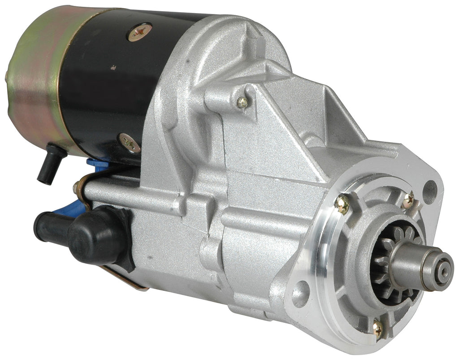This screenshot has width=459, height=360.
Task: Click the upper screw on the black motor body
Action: [139, 32]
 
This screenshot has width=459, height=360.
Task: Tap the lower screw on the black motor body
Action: [129, 143]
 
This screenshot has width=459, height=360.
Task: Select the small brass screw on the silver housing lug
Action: [242, 103]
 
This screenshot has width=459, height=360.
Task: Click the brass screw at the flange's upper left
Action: [342, 204]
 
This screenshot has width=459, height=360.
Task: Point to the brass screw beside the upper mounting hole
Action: [408, 201]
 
